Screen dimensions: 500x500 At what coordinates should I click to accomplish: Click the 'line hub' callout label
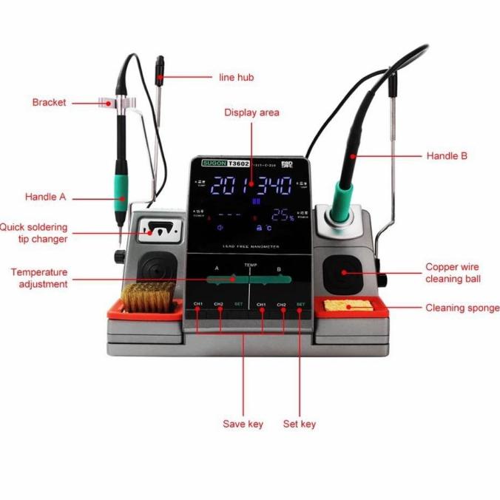237,77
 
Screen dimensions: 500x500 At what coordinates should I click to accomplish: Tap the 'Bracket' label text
49,102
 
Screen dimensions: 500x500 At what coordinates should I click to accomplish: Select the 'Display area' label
251,112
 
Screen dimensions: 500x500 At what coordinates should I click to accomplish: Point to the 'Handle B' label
447,156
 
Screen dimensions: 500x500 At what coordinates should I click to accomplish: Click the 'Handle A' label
46,197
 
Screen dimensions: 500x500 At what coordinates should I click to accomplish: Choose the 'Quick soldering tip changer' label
34,233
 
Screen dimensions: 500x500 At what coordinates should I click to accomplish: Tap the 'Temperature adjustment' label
39,278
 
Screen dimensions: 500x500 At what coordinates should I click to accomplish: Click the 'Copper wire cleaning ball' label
452,272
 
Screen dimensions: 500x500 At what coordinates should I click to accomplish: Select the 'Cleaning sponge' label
462,308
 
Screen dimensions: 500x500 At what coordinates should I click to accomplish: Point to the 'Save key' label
243,424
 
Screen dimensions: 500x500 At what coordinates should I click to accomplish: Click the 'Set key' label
300,424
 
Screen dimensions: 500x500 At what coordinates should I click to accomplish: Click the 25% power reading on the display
282,215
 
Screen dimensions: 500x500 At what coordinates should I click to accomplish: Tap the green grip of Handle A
119,186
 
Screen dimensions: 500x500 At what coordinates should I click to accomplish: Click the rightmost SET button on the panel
300,305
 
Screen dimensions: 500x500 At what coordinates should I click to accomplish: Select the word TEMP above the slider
250,264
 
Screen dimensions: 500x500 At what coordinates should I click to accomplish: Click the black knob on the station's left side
118,256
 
